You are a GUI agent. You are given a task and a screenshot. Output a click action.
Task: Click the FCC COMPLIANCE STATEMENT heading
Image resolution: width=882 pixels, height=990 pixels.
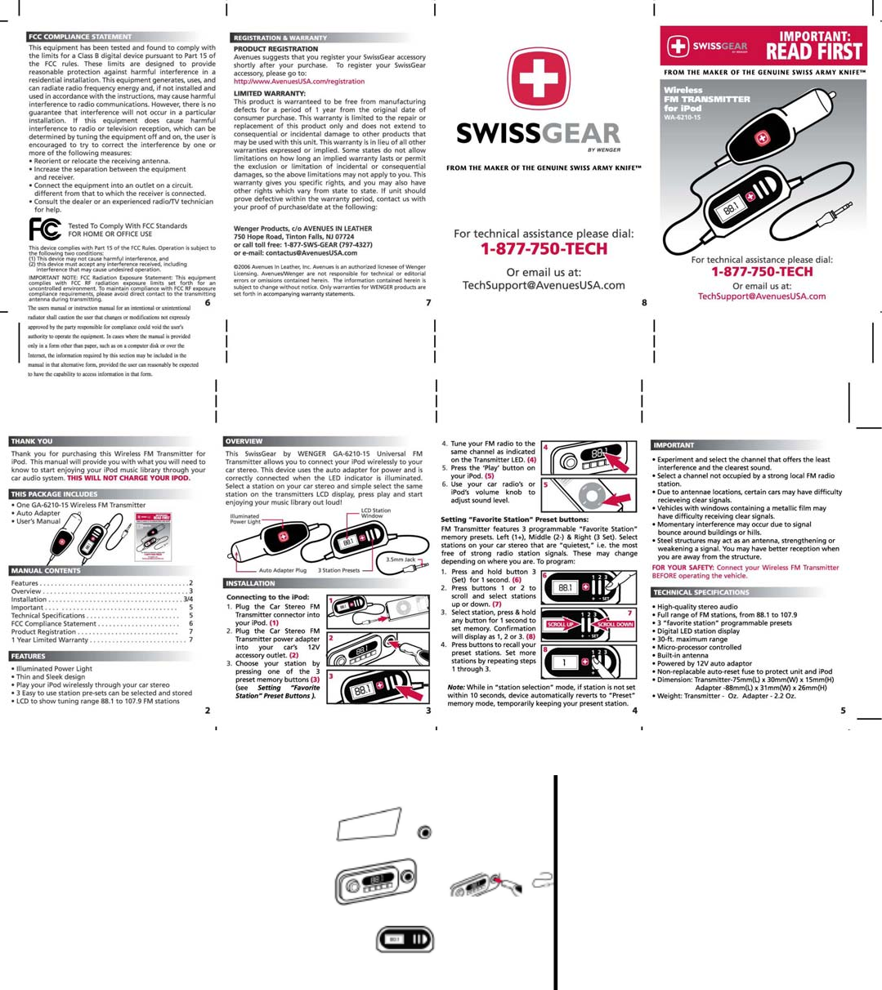coord(79,37)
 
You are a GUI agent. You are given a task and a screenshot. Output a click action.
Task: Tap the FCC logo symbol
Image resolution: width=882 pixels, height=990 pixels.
coord(44,229)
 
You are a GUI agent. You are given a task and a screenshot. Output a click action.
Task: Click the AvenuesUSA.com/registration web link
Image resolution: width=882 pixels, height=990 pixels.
coord(299,82)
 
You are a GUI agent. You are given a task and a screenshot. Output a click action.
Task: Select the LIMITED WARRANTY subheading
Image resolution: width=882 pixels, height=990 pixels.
coord(270,93)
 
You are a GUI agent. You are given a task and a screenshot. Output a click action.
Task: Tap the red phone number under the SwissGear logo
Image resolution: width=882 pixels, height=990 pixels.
coord(544,249)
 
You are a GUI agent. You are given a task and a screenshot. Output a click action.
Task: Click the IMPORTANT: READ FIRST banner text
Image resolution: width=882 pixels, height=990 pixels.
coord(813,46)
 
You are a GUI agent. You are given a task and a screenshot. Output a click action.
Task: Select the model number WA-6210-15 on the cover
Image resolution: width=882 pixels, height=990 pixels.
coord(682,117)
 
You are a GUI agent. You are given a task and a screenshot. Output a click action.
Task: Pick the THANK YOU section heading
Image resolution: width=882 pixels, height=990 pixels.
coord(32,441)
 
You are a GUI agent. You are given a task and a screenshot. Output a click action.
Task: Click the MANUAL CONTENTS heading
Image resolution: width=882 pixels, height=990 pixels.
coord(46,571)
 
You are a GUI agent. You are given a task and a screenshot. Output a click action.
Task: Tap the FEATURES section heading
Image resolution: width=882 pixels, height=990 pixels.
coord(29,656)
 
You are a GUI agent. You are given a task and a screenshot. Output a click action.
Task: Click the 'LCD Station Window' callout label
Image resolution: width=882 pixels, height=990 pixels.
coord(375,513)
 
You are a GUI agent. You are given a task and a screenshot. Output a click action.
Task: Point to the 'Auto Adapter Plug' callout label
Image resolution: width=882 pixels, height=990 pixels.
coord(282,570)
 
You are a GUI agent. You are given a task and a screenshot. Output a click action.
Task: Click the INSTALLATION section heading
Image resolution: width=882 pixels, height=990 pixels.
coord(250,583)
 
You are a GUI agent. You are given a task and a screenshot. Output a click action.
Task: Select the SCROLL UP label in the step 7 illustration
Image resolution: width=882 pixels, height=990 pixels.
coord(561,624)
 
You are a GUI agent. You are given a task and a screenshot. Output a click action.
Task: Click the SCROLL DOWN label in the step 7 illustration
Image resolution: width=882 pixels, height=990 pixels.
coord(615,624)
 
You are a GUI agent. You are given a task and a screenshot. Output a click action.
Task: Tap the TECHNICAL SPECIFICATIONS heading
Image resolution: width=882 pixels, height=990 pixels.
coord(701,592)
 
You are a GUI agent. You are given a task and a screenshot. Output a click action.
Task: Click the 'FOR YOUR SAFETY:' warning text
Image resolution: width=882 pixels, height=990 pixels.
coord(683,568)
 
